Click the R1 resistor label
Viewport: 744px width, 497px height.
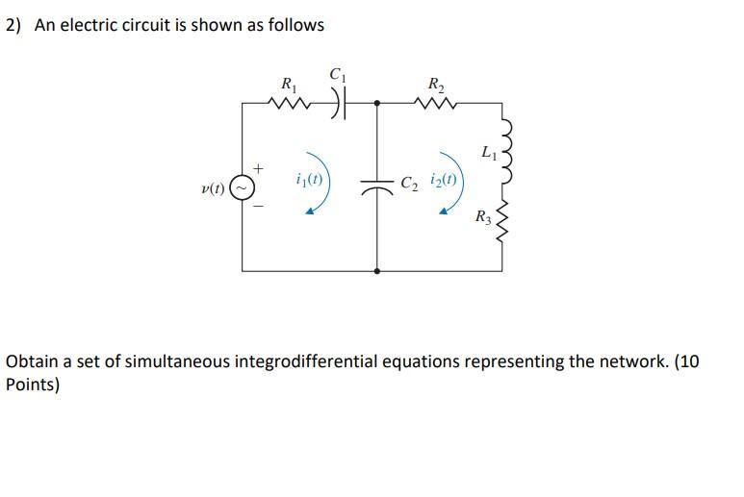click(x=287, y=84)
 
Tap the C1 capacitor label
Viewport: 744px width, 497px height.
click(x=337, y=73)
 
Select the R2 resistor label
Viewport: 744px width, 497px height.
click(x=435, y=83)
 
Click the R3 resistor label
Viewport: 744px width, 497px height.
click(x=483, y=218)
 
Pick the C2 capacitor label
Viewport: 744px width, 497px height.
click(x=409, y=181)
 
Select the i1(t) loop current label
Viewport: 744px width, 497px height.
click(x=309, y=179)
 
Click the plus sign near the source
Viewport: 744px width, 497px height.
click(x=258, y=169)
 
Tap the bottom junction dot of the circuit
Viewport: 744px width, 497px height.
click(x=375, y=271)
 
